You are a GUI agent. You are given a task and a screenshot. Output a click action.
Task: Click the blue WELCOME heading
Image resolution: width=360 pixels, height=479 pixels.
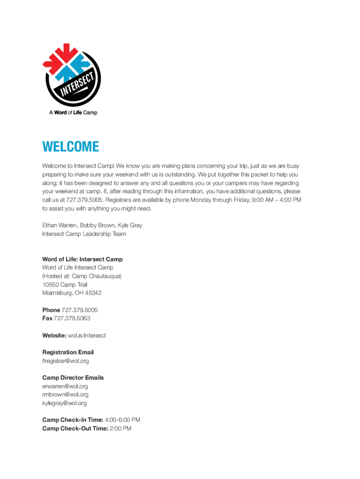[71, 147]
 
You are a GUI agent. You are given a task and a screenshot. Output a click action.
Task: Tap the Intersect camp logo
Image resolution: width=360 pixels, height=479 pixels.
[72, 75]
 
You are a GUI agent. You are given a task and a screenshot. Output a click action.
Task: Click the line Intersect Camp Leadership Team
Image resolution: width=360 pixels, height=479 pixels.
[84, 234]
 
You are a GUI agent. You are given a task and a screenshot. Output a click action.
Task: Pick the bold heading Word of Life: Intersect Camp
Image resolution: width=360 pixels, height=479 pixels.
[82, 259]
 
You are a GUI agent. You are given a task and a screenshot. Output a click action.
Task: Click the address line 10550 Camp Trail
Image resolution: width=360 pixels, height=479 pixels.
[65, 284]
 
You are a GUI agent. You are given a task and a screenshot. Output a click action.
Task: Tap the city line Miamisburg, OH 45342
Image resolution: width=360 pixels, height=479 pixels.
[72, 293]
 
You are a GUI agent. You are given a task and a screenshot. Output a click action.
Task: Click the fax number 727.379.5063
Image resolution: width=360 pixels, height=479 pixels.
[72, 319]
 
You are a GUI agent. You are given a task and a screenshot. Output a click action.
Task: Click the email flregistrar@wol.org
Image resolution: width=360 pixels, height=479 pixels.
[65, 361]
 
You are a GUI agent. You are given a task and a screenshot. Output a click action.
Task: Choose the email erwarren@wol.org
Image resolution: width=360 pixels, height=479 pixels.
[65, 386]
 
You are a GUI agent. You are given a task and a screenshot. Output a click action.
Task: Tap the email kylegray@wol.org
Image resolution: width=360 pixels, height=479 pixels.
[65, 403]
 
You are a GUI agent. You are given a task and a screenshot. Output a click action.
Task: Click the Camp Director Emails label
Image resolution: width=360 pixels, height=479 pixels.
[73, 378]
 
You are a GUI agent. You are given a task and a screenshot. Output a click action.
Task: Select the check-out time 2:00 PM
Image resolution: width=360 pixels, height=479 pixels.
[120, 428]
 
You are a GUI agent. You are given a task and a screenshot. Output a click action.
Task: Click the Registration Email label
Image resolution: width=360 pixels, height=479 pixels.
[68, 352]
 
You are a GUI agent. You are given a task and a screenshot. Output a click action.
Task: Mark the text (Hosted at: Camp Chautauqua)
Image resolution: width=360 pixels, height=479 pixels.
[82, 276]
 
